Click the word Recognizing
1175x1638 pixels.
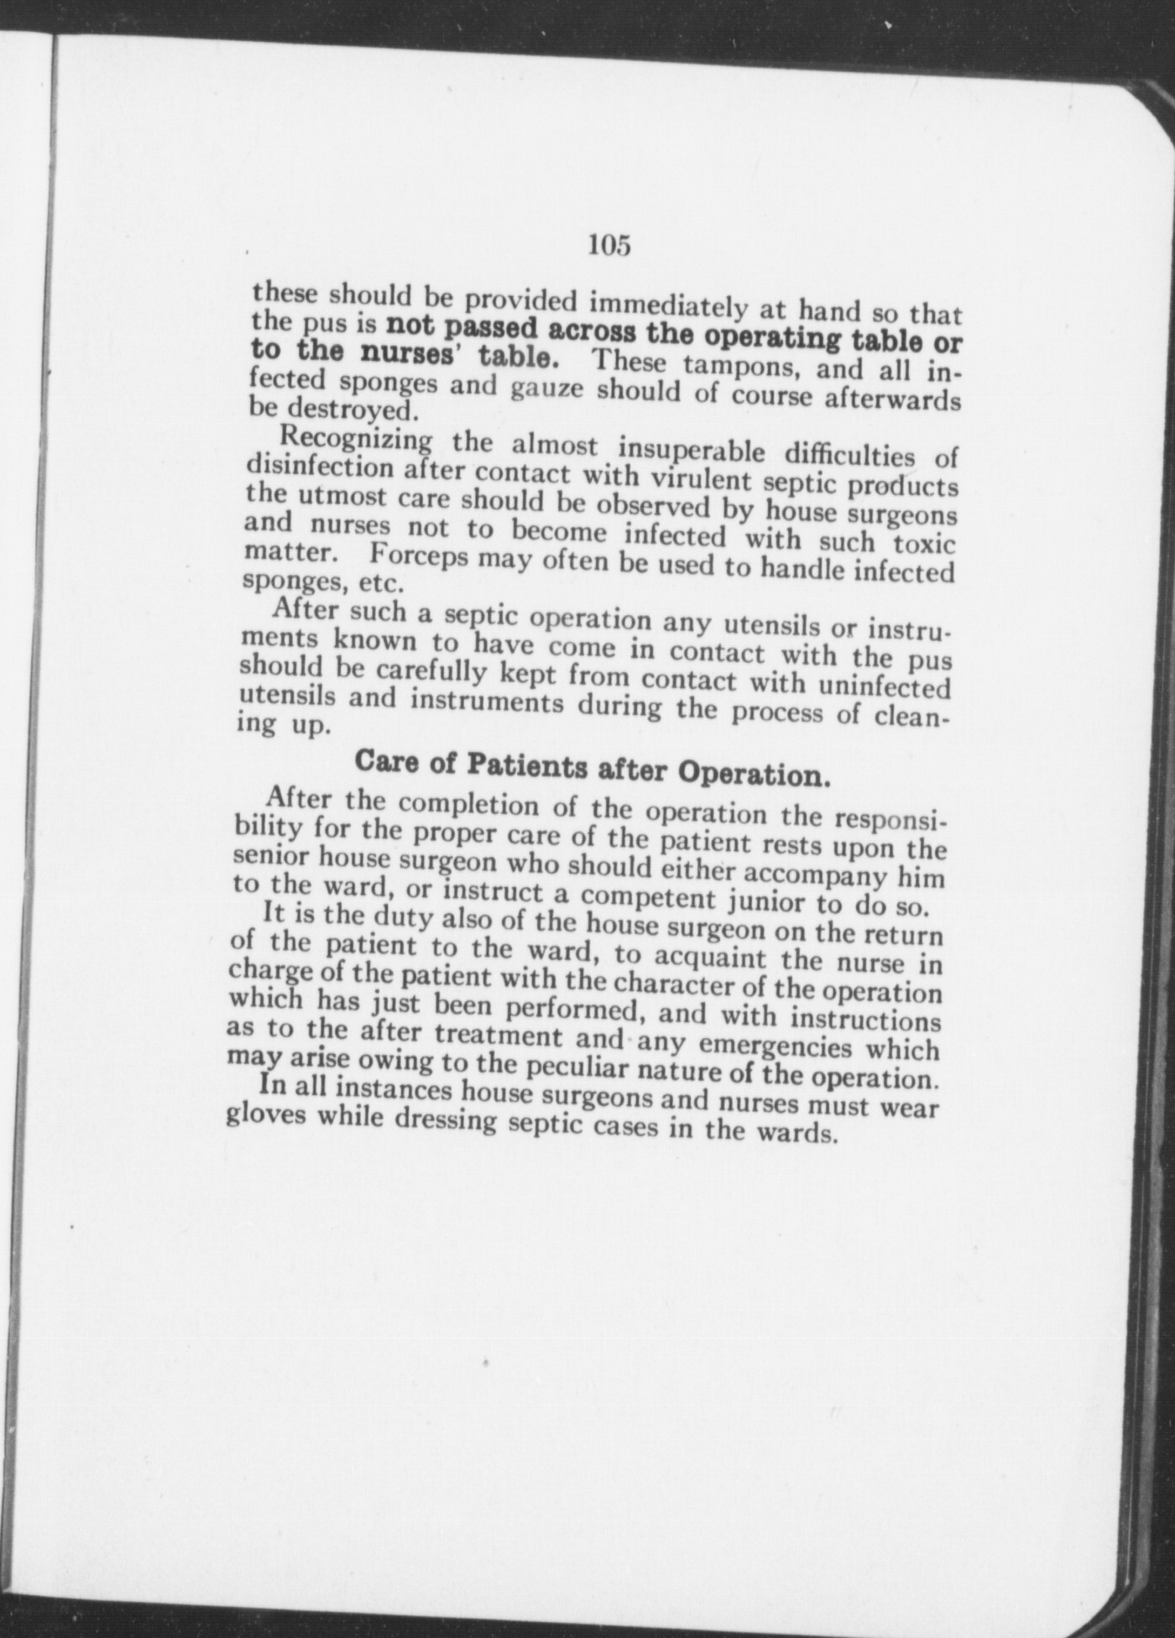coord(356,440)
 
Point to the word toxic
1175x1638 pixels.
coord(924,544)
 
